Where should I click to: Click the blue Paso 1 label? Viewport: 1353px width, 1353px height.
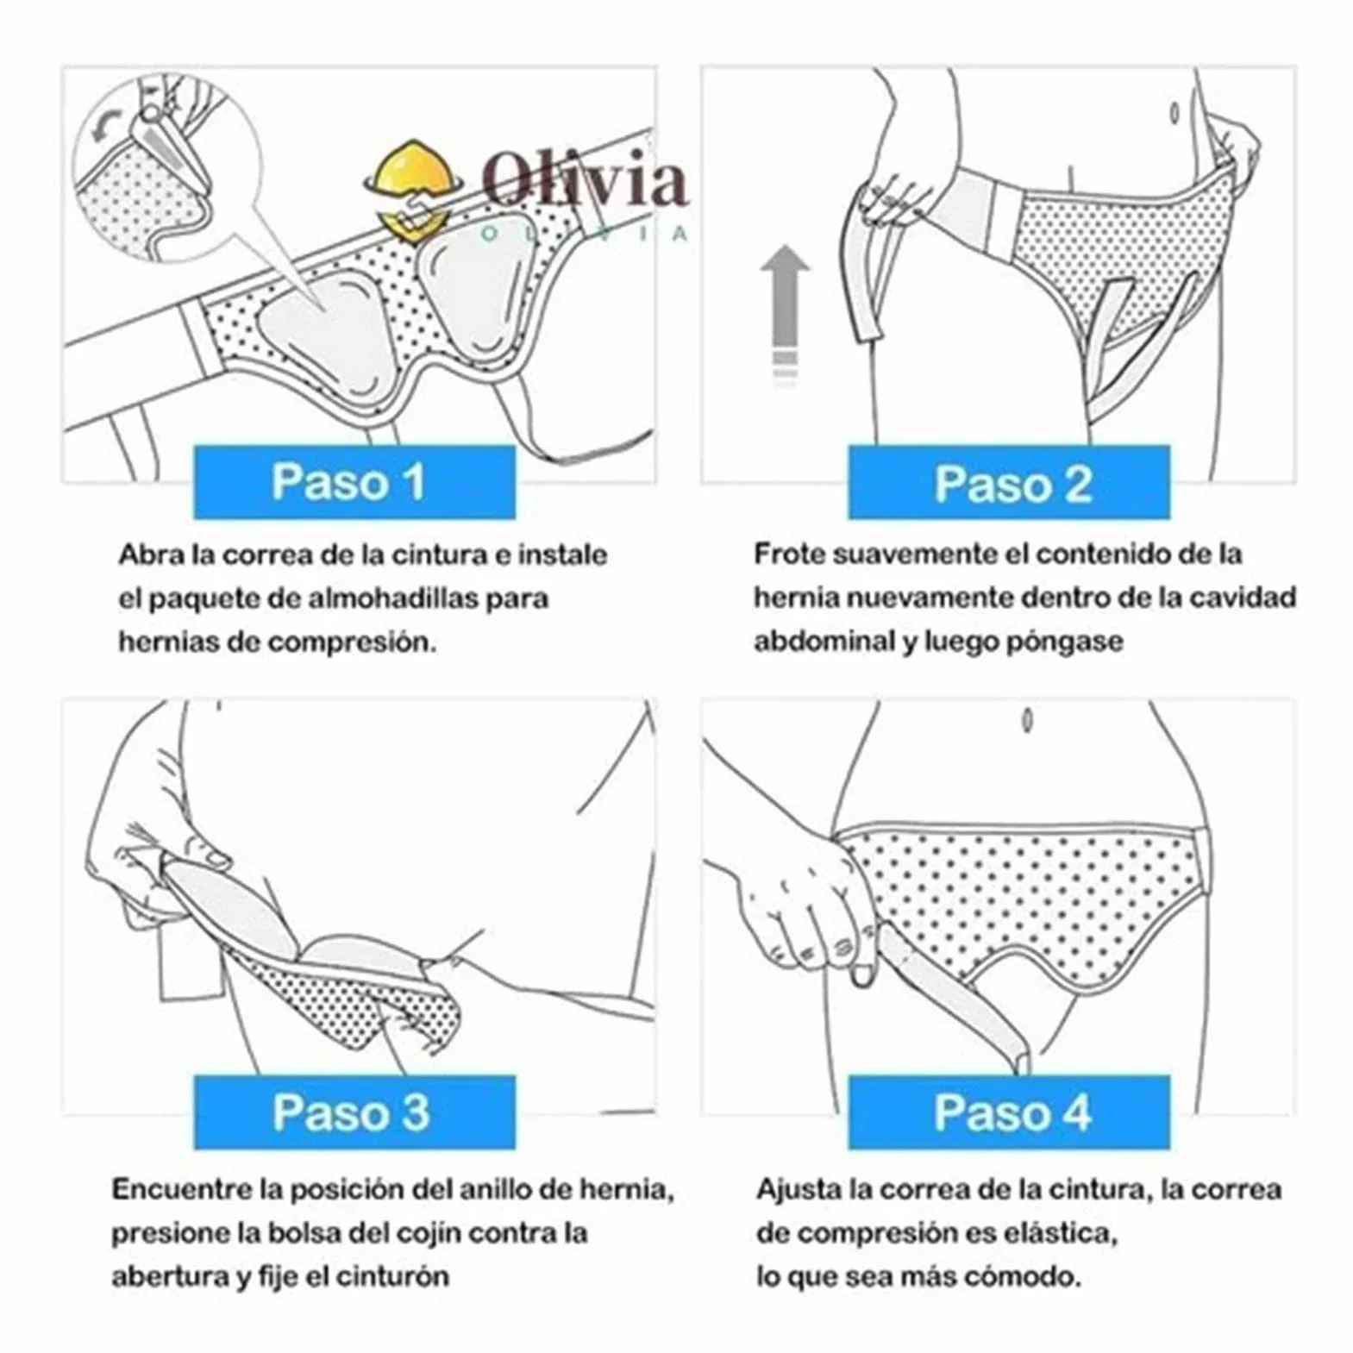[354, 482]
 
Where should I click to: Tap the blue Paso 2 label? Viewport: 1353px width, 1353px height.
[1009, 483]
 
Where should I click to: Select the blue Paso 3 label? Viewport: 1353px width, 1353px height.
[354, 1112]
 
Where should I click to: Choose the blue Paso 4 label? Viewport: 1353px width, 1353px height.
[1009, 1112]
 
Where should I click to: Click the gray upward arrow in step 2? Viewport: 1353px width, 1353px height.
[785, 310]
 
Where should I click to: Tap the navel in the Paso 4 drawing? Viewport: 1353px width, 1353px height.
[1027, 719]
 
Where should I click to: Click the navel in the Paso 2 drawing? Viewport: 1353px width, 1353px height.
[1174, 112]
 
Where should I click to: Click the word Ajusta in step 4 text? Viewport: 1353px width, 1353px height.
[799, 1189]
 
